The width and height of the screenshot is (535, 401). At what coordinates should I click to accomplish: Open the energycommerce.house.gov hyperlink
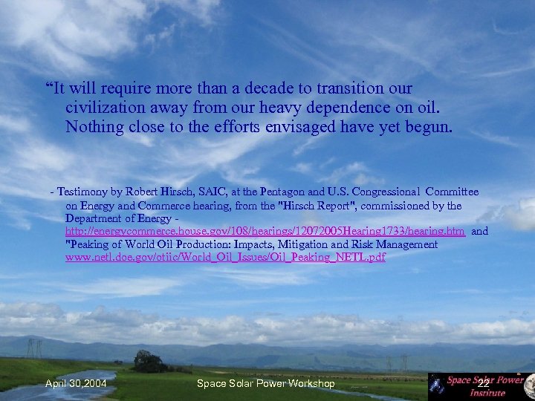[x=265, y=232]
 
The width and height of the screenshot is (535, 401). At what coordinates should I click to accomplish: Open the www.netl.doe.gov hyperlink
[x=226, y=258]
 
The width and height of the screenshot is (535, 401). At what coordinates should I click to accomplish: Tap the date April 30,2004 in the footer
[x=76, y=383]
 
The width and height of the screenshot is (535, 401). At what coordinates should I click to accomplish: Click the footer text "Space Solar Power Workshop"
[x=266, y=383]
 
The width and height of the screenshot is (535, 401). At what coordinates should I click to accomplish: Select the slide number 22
[x=484, y=383]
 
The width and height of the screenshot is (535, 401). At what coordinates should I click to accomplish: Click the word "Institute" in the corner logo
[x=487, y=393]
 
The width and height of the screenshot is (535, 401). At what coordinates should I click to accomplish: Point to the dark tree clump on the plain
[x=149, y=362]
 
